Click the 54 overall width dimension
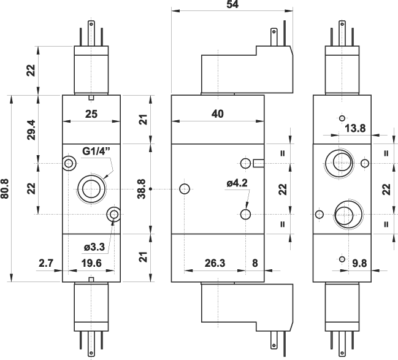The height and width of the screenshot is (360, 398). click(x=231, y=5)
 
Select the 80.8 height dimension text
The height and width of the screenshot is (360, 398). click(x=6, y=188)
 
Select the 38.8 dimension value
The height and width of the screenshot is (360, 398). click(x=142, y=188)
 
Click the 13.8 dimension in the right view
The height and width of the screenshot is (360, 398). click(x=355, y=128)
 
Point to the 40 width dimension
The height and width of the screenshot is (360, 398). click(x=217, y=113)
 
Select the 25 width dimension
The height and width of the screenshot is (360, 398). click(x=91, y=113)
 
